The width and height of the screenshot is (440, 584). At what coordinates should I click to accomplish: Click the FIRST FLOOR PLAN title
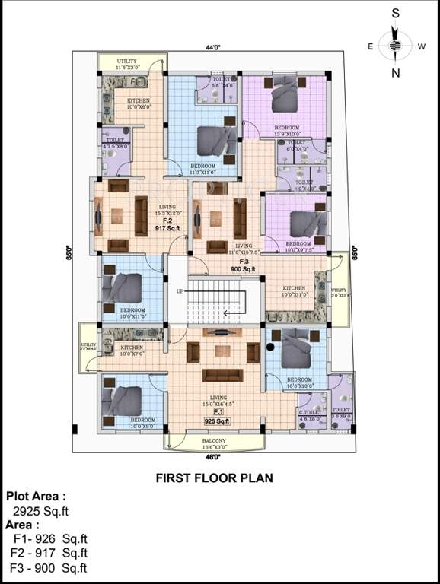pyautogui.click(x=214, y=478)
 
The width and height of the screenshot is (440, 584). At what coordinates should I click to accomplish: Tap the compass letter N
pyautogui.click(x=395, y=73)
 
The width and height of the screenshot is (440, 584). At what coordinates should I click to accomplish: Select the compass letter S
pyautogui.click(x=395, y=13)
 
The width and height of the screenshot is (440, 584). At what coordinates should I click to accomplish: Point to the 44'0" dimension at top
pyautogui.click(x=212, y=47)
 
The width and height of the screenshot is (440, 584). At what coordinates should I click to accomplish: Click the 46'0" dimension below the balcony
pyautogui.click(x=215, y=457)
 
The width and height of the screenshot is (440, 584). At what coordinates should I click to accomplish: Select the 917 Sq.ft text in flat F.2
pyautogui.click(x=166, y=227)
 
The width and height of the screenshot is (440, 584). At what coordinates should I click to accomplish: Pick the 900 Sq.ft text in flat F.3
pyautogui.click(x=244, y=268)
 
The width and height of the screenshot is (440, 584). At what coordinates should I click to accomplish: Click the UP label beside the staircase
pyautogui.click(x=180, y=291)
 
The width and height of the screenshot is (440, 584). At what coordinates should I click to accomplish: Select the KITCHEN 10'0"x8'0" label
pyautogui.click(x=139, y=103)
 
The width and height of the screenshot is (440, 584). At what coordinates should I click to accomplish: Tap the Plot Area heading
pyautogui.click(x=41, y=496)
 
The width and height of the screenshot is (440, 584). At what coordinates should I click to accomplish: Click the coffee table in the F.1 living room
pyautogui.click(x=222, y=351)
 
